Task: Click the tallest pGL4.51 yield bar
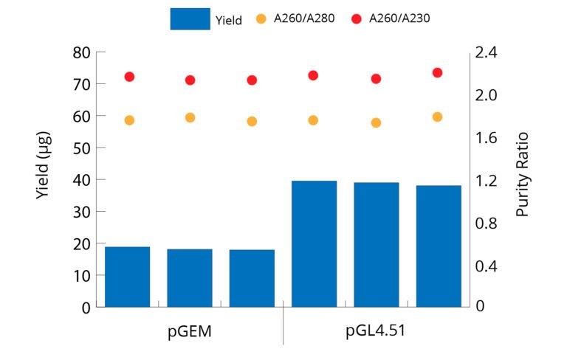coord(315,243)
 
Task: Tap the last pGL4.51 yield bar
coord(439,246)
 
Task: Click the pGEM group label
coord(190,330)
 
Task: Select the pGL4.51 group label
coord(376,330)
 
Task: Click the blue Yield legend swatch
coord(190,18)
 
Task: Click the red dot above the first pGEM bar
coord(129,77)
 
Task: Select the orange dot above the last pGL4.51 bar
coord(437,117)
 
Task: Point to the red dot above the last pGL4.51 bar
coord(437,72)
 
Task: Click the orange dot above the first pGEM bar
coord(129,120)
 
